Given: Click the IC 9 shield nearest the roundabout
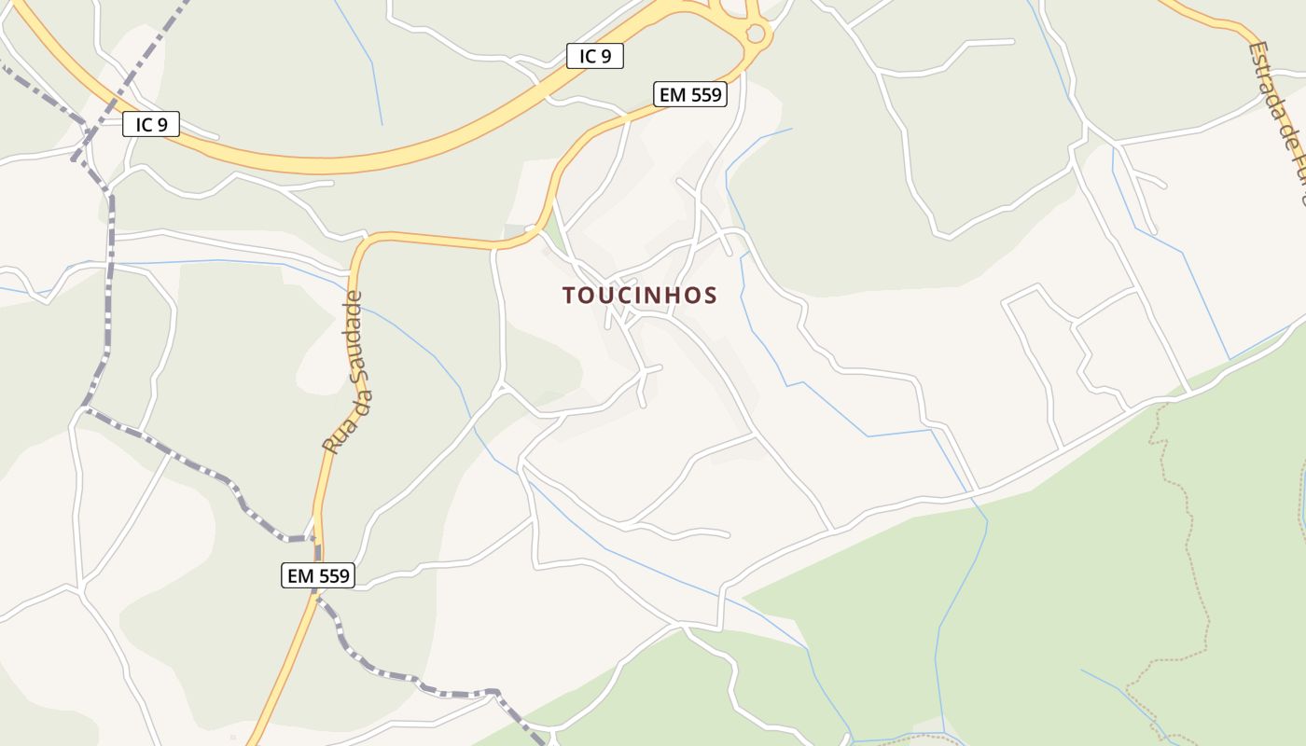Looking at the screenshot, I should (594, 56).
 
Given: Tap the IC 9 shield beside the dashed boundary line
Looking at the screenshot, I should (150, 124).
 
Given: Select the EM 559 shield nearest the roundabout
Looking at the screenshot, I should (690, 94).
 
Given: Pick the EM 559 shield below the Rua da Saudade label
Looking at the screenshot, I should (318, 575).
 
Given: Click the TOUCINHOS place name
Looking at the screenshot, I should (640, 296).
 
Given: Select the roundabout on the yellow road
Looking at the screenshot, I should (755, 35).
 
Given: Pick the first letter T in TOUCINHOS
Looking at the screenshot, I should (568, 296).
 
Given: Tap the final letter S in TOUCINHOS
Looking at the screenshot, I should (711, 296).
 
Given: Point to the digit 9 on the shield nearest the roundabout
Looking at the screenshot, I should (606, 56).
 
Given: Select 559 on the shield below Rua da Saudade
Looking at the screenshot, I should (333, 575).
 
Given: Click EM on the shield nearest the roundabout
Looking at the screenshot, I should (672, 94).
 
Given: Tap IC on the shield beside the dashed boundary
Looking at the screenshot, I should (142, 124).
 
